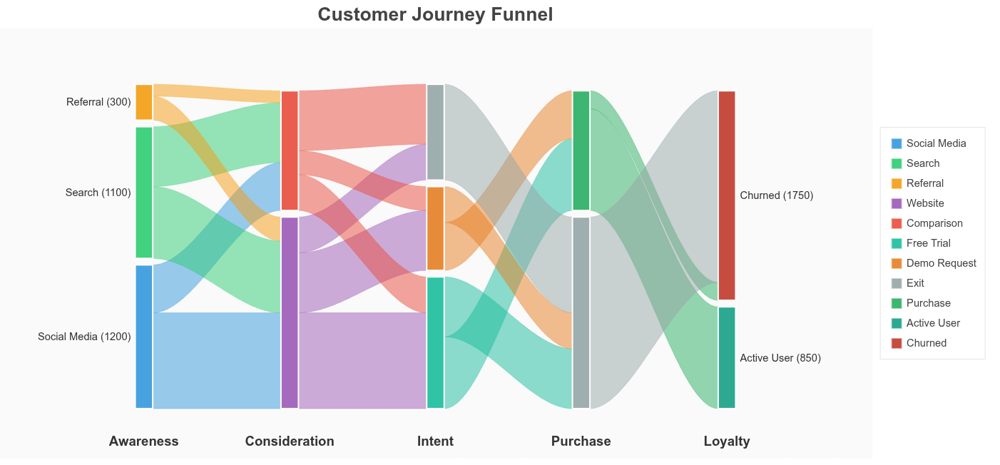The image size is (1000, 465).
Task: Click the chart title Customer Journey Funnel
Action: coord(435,14)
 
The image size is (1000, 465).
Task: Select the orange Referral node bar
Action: coord(144,102)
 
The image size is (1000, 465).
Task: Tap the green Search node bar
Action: coord(144,192)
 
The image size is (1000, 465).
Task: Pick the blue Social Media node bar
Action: coord(144,337)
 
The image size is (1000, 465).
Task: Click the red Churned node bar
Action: coord(726,195)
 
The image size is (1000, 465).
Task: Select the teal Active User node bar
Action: coord(726,357)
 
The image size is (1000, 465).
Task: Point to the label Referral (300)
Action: coord(98,102)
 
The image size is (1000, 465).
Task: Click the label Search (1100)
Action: coord(98,193)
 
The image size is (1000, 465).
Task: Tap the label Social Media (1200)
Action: coord(84,337)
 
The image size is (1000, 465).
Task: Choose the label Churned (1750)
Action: coord(777,195)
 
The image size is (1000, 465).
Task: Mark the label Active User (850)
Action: coord(780,358)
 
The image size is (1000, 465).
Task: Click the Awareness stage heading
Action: coord(143,441)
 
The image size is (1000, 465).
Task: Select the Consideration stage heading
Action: coord(290,441)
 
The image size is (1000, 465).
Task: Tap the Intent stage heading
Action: coord(435,441)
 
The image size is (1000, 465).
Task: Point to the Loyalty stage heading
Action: coord(726,441)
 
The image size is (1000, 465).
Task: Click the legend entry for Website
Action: coord(925,203)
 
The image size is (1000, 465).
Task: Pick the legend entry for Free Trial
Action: coord(928,243)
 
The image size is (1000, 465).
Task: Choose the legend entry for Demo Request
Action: coord(941,263)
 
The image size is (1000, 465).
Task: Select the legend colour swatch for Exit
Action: coord(897,283)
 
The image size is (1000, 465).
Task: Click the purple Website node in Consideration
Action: coord(290,312)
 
